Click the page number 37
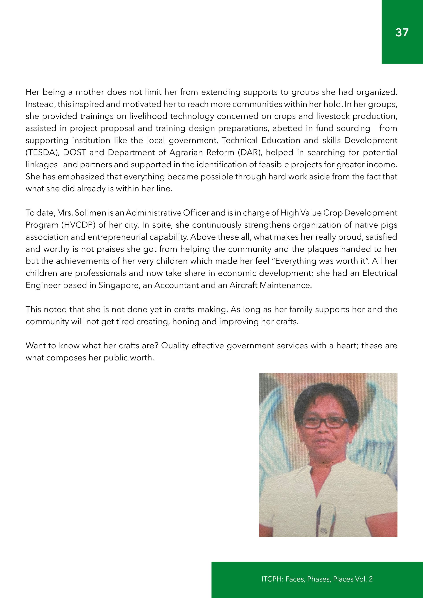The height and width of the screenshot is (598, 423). [x=402, y=32]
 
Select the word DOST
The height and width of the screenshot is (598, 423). [x=74, y=152]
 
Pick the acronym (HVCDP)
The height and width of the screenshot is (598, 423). [x=78, y=225]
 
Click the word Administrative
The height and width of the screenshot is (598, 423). [x=154, y=213]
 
